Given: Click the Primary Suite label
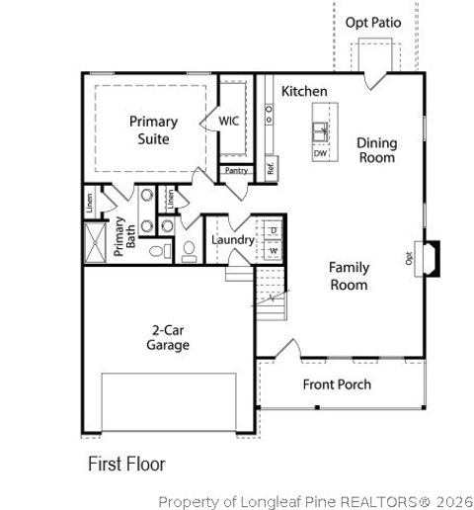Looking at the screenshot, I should pyautogui.click(x=154, y=130).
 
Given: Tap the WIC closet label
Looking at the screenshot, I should pyautogui.click(x=229, y=122).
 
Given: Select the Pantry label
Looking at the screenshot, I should pyautogui.click(x=236, y=171).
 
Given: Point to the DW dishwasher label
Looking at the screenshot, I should pyautogui.click(x=320, y=154).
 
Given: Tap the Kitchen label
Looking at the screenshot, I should pyautogui.click(x=304, y=91).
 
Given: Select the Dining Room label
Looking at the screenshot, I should pyautogui.click(x=375, y=150).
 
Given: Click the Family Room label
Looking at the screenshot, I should pyautogui.click(x=349, y=276).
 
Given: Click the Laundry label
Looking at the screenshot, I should pyautogui.click(x=233, y=240).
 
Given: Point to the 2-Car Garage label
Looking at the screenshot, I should pyautogui.click(x=170, y=338).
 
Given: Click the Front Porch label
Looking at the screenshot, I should pyautogui.click(x=337, y=384).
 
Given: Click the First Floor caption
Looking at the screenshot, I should pyautogui.click(x=126, y=463).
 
